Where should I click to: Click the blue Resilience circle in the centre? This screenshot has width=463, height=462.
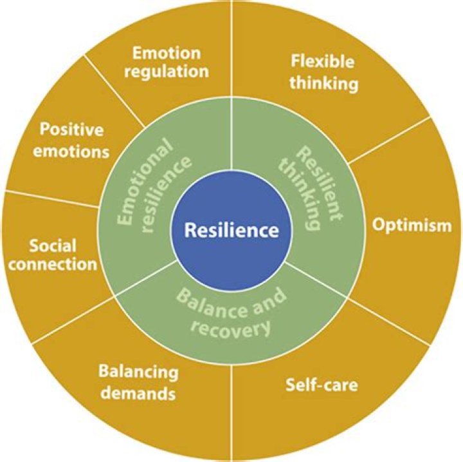[x=231, y=230]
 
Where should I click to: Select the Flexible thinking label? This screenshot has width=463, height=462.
[x=322, y=72]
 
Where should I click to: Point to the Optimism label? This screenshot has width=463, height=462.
[x=411, y=226]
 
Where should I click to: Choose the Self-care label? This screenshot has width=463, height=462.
[x=321, y=386]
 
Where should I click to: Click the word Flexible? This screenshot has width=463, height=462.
[x=322, y=63]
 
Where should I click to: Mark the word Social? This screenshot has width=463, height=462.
[x=53, y=245]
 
